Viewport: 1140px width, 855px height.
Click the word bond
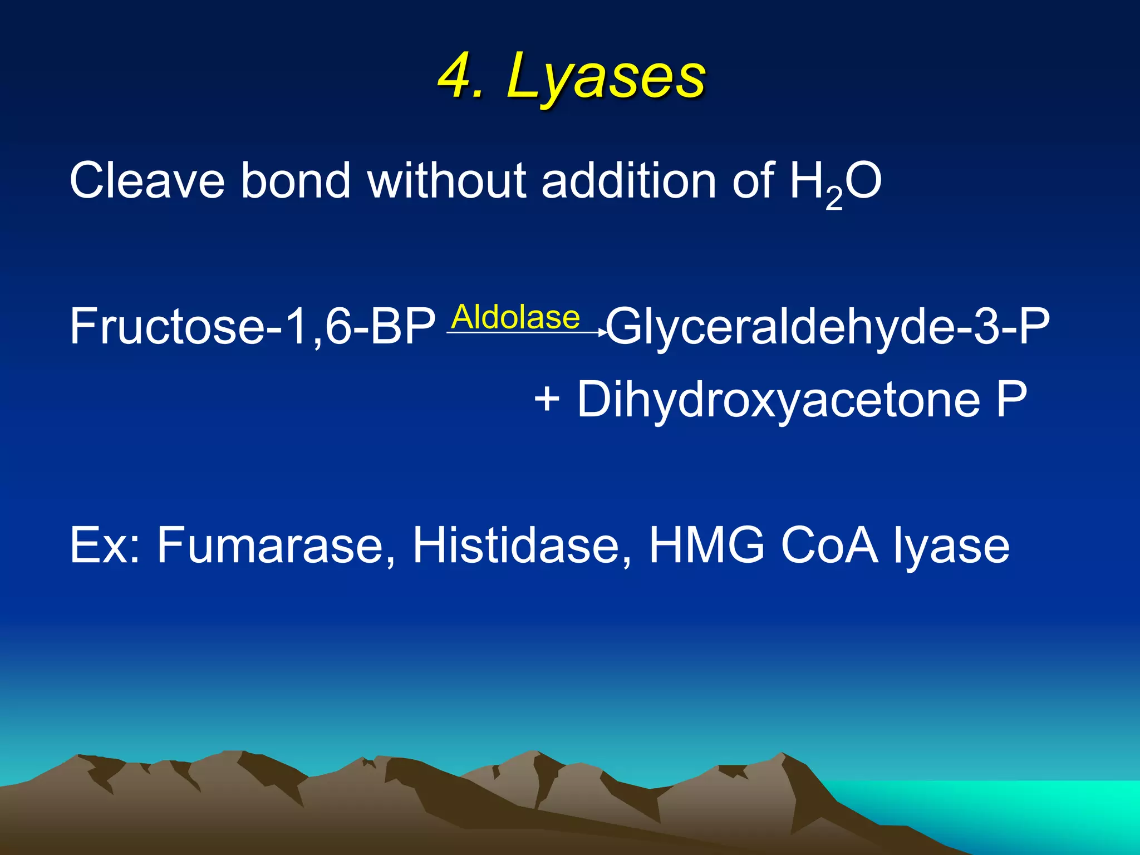(x=296, y=180)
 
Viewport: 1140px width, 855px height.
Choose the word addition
(x=628, y=180)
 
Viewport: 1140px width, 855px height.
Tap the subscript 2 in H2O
(x=834, y=199)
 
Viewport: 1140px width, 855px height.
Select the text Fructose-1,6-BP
(x=252, y=327)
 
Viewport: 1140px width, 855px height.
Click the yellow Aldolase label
(x=515, y=317)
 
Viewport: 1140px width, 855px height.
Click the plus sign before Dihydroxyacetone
(x=547, y=399)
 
